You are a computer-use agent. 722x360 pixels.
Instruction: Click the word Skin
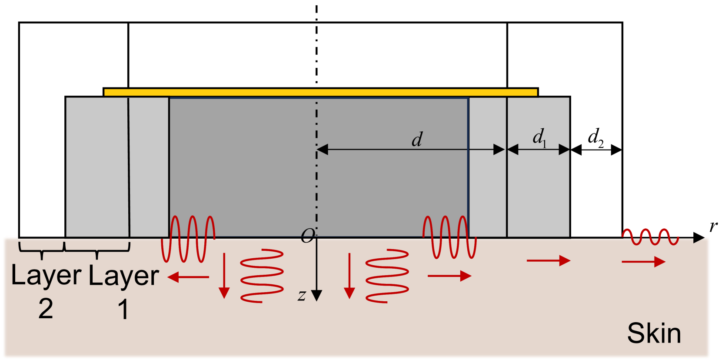pos(654,334)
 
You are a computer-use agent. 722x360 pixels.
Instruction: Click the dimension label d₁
pos(539,137)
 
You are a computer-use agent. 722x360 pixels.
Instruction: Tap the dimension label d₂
pos(595,137)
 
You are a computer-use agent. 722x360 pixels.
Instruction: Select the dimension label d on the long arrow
pos(417,140)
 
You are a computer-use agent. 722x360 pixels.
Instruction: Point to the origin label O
pos(307,236)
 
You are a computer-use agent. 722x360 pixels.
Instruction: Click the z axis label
pos(302,296)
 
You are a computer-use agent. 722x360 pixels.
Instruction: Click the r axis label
pos(713,226)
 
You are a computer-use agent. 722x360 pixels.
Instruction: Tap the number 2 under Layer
pos(46,309)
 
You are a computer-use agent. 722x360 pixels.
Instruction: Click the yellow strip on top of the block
pos(320,92)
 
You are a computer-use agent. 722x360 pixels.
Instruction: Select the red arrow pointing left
pos(188,277)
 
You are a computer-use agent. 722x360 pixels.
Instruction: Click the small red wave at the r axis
pos(650,237)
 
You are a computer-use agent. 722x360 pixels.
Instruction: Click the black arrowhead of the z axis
pos(316,296)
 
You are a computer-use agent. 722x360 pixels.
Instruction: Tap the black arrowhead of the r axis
pos(699,237)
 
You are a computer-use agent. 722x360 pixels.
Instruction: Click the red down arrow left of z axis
pos(224,276)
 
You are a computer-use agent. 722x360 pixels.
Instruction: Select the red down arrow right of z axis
pos(349,276)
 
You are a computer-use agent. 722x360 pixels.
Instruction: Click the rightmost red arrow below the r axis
pos(643,262)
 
